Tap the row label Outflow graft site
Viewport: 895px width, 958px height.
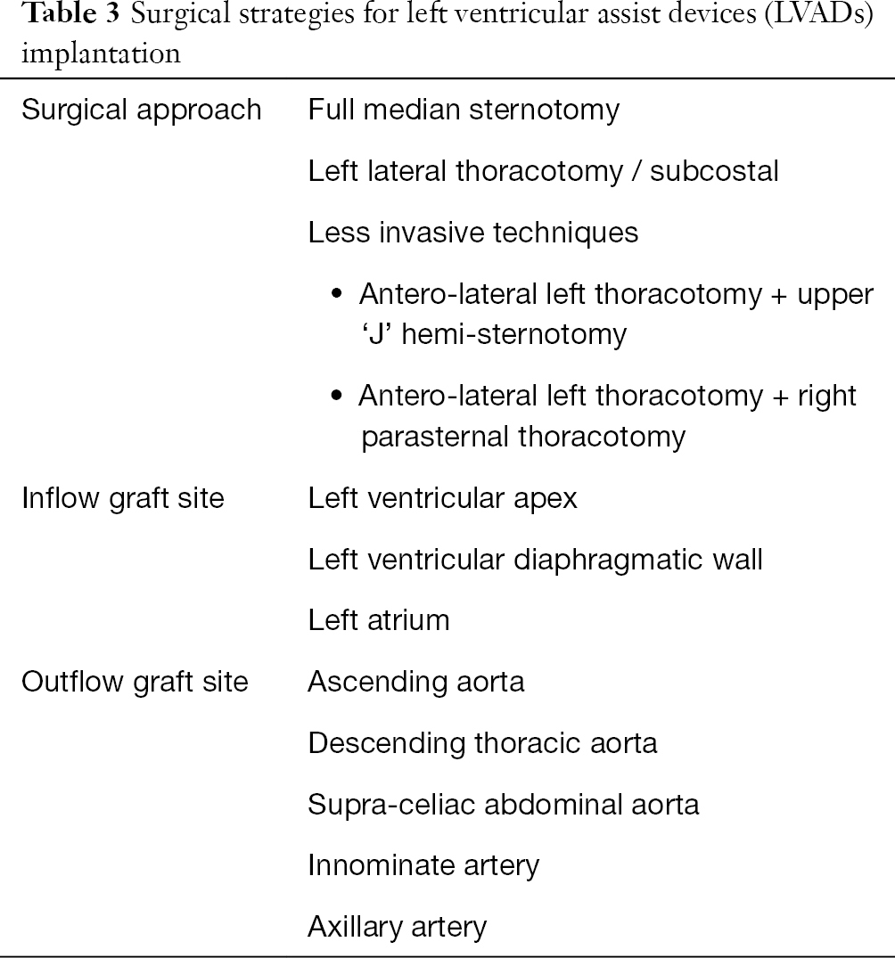coord(135,683)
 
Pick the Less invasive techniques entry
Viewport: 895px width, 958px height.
coord(473,233)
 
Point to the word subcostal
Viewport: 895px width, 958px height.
coord(714,171)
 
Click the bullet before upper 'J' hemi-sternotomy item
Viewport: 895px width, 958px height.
coord(336,294)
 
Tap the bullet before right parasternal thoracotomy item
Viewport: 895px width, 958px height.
coord(336,396)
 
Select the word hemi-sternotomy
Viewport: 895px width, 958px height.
coord(514,335)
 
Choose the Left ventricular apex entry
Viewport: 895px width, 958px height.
coord(443,498)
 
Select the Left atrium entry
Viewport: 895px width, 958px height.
coord(379,621)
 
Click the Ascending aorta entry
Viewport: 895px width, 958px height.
coord(416,683)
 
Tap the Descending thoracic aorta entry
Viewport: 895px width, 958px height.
coord(483,743)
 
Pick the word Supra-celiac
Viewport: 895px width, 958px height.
coord(391,806)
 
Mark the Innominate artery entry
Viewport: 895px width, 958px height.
coord(423,866)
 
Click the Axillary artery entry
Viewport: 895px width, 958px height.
coord(398,928)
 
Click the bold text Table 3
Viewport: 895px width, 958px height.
coord(71,14)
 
